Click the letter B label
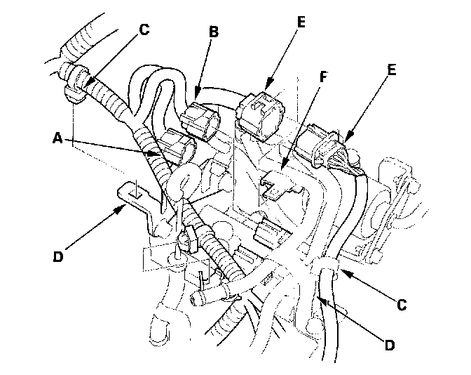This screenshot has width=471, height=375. [x=214, y=31]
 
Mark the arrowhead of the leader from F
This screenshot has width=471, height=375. [x=283, y=169]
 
